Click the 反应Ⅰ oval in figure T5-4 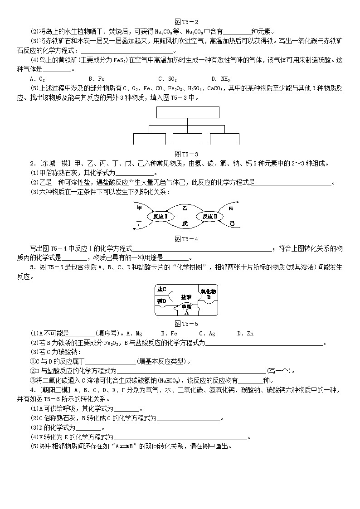161,217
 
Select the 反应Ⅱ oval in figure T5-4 210,217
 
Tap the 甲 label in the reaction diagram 139,208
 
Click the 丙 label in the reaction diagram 231,208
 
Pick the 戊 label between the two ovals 185,223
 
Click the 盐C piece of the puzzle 161,290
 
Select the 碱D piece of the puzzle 161,301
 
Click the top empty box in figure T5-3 187,112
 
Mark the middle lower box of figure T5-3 187,138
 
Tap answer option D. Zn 245,334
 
